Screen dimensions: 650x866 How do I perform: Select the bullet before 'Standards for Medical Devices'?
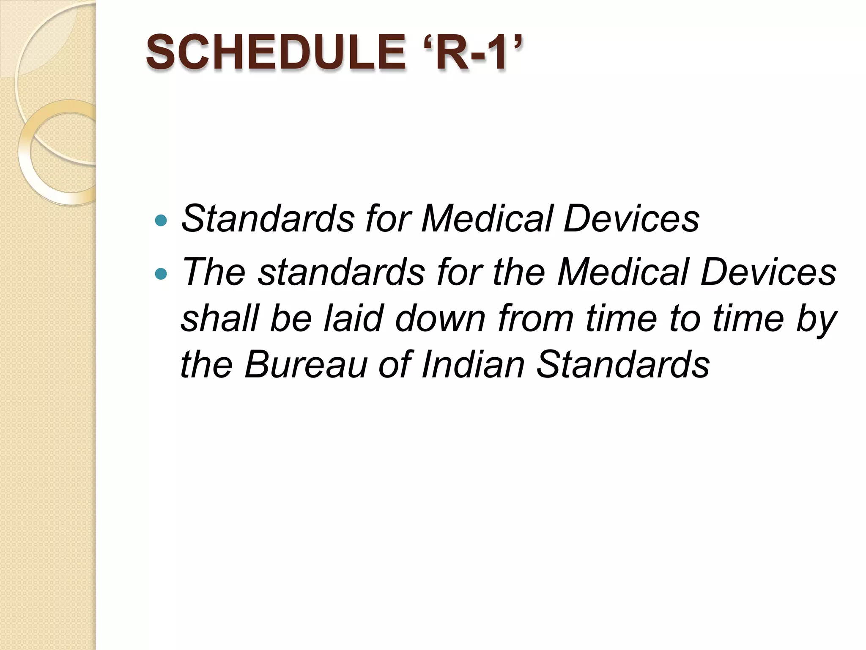tap(161, 220)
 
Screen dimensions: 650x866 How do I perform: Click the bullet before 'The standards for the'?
tap(161, 274)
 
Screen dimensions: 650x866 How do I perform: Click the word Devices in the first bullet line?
tap(632, 219)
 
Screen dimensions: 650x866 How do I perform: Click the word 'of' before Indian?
tap(395, 364)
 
